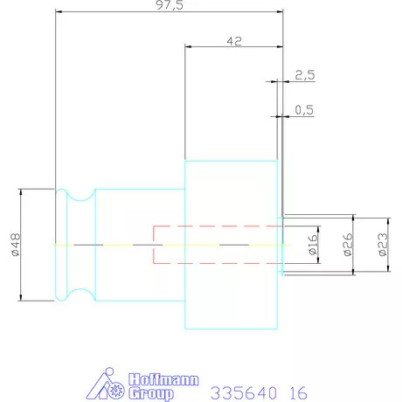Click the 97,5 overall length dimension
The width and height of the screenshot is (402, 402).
[170, 5]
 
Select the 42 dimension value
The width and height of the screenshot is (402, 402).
[234, 41]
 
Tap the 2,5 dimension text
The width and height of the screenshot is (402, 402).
[305, 75]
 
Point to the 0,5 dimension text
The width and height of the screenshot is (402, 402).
[304, 110]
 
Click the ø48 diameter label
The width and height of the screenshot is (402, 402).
[15, 244]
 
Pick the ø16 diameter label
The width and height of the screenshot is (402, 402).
[313, 244]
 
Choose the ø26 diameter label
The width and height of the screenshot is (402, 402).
[348, 244]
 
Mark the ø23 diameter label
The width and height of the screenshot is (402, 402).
[383, 244]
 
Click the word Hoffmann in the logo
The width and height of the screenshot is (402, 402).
[163, 380]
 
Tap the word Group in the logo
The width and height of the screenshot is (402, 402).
[151, 394]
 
